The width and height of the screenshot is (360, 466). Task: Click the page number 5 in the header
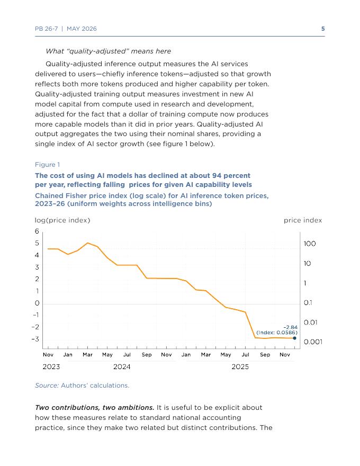point(323,29)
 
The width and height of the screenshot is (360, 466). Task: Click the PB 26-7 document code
point(47,29)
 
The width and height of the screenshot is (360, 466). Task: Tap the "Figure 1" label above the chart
point(48,165)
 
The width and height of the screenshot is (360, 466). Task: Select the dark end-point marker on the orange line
point(294,338)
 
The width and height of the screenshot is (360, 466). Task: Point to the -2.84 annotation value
point(290,327)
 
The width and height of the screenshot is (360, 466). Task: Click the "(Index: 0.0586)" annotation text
point(277,333)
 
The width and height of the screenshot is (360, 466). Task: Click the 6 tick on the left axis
point(37,231)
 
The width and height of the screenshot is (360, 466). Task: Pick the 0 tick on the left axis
point(37,303)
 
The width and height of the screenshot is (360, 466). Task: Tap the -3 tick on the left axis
point(35,339)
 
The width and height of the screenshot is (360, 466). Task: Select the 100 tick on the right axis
point(310,244)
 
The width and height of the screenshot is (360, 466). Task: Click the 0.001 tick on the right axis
point(313,342)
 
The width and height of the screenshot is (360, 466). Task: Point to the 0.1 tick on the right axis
point(308,303)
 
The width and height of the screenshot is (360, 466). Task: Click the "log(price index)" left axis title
point(62,220)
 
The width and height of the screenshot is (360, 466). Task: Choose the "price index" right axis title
point(303,220)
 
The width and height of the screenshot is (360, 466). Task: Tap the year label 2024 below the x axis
point(122,367)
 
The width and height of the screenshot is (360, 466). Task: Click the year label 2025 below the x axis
point(240,367)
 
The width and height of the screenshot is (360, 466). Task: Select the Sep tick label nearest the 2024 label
point(147,355)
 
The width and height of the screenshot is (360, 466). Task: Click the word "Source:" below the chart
point(47,386)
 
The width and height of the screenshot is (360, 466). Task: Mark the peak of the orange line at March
point(88,243)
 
